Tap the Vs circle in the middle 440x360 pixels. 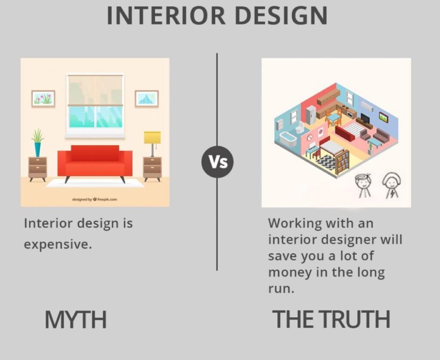pos(217,162)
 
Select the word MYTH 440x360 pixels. pos(76,319)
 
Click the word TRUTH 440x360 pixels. pos(355,319)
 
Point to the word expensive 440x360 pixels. pos(58,244)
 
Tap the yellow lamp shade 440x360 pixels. pos(153,137)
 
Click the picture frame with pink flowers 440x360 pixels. pos(43,98)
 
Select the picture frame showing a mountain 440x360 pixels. pos(147,98)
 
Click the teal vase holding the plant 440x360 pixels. pos(38,149)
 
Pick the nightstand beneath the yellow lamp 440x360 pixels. pos(153,169)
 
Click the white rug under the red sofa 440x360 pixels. pos(95,183)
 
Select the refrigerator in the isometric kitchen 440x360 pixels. pos(311,115)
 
